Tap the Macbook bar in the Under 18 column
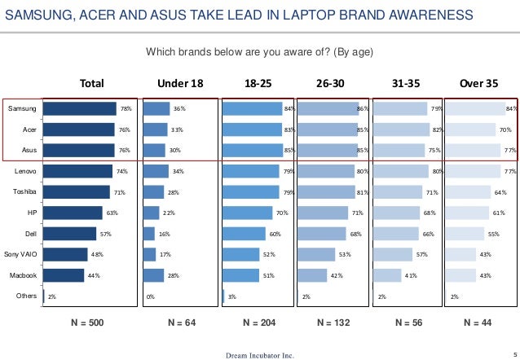tap(153, 275)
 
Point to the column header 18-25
tap(258, 82)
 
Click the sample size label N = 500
tap(86, 323)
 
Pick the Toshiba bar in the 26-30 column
tap(328, 193)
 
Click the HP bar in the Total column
tap(73, 213)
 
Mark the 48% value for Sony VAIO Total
tap(96, 255)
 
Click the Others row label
tap(26, 296)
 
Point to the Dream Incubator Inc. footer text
tap(260, 354)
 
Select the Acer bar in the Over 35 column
tap(473, 130)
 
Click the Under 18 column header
tap(181, 82)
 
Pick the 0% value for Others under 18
tap(150, 297)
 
